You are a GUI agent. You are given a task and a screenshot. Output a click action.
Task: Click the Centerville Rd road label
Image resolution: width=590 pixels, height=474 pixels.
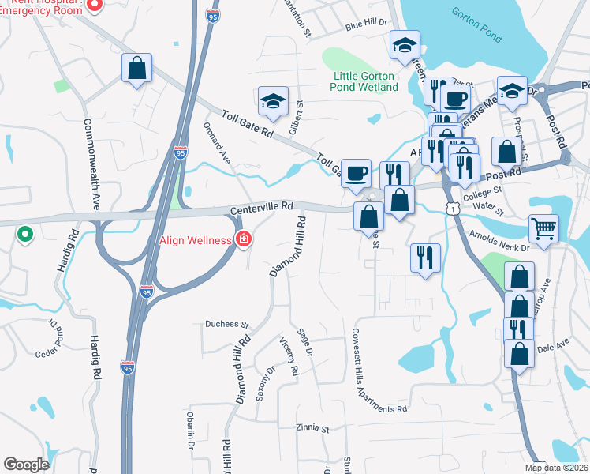pyautogui.click(x=261, y=207)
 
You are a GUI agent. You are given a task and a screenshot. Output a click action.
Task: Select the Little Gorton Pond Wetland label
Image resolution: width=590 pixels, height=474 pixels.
pyautogui.click(x=364, y=81)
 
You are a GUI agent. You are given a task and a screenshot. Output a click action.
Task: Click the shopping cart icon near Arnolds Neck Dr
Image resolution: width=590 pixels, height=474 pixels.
pyautogui.click(x=543, y=229)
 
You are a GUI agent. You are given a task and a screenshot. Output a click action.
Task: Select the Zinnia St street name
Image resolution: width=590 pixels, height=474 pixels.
pyautogui.click(x=312, y=428)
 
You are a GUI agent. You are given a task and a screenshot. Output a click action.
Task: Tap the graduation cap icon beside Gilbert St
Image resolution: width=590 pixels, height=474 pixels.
pyautogui.click(x=273, y=100)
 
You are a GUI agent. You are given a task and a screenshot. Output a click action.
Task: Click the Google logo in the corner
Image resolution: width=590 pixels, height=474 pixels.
pyautogui.click(x=26, y=465)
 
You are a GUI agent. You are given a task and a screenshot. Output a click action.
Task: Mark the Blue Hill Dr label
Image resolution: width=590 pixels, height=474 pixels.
pyautogui.click(x=366, y=25)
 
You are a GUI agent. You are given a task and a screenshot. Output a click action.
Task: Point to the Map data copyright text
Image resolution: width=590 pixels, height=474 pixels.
pyautogui.click(x=557, y=468)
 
